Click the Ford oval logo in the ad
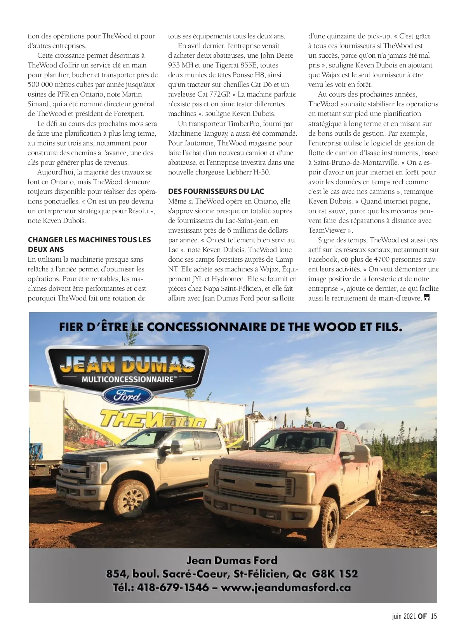click(x=127, y=396)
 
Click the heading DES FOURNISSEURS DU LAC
click(x=216, y=191)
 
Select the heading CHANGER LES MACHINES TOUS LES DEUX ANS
click(x=89, y=244)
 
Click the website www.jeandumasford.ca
click(x=285, y=587)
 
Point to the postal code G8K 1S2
click(x=334, y=573)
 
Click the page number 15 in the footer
click(x=434, y=616)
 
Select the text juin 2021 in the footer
click(x=404, y=616)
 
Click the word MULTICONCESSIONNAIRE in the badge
click(x=127, y=379)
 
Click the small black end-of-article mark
click(x=427, y=298)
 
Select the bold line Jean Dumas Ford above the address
click(x=232, y=560)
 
